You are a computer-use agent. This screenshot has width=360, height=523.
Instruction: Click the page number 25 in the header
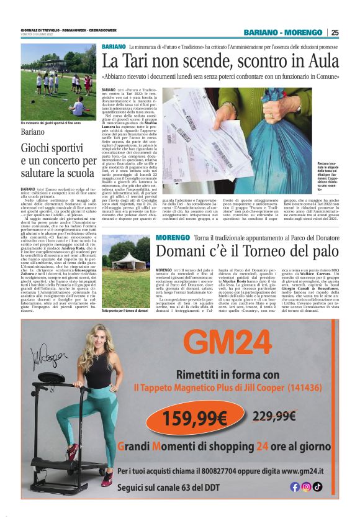[335, 32]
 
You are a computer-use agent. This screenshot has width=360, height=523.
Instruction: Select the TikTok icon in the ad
[317, 487]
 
